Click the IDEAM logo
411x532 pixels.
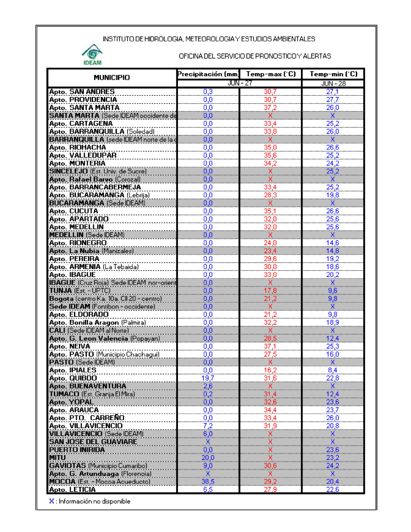tap(92, 55)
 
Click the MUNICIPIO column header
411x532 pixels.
tap(111, 77)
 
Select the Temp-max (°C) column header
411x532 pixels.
tap(271, 74)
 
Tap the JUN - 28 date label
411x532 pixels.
tap(333, 83)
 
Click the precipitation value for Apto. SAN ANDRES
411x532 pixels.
tap(208, 92)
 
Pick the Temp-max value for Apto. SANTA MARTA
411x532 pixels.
tap(270, 108)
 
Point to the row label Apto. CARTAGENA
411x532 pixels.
tap(81, 123)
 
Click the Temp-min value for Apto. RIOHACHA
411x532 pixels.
tap(332, 147)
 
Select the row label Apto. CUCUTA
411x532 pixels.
tap(74, 211)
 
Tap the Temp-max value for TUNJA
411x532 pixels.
tap(270, 291)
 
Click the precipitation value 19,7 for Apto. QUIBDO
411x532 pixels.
tap(208, 378)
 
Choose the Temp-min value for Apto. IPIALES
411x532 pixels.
tap(332, 370)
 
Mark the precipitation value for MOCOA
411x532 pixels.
tap(208, 481)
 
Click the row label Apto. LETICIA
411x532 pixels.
tap(72, 489)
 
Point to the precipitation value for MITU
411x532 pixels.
tap(208, 458)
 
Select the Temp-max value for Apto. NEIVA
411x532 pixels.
tap(270, 346)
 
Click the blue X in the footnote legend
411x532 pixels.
tap(52, 501)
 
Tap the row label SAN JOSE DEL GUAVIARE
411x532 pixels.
tap(93, 442)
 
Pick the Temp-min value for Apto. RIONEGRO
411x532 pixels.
tap(332, 243)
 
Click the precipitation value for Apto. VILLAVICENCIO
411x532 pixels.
tap(208, 426)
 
